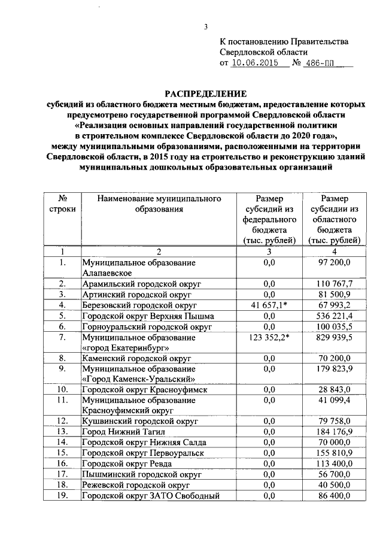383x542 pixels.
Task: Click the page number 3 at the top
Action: (x=205, y=26)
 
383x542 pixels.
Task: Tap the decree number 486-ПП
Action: (x=320, y=63)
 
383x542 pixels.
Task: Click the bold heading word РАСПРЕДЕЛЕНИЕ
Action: (x=206, y=94)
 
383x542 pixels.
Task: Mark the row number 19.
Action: (x=62, y=496)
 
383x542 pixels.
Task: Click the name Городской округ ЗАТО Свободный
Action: (x=151, y=496)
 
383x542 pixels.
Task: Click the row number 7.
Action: (x=62, y=338)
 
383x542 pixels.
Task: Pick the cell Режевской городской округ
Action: (x=136, y=485)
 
